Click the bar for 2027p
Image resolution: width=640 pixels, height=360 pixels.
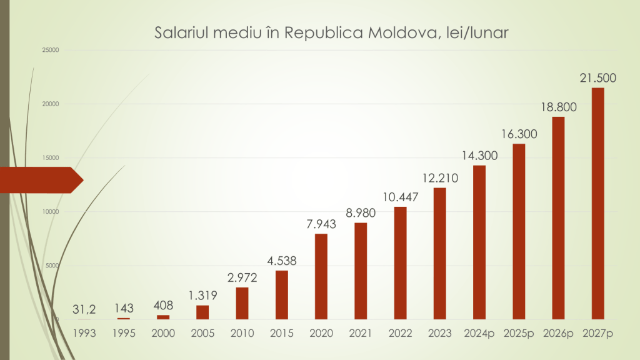coord(597,203)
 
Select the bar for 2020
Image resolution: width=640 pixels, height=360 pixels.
coord(321,276)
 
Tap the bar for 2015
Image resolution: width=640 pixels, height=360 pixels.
coord(282,294)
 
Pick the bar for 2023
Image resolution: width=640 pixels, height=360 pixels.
coord(439,253)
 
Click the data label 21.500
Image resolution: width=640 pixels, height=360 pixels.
coord(597,78)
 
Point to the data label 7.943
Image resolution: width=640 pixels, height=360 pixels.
coord(321,224)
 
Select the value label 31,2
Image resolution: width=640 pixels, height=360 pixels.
coord(84,309)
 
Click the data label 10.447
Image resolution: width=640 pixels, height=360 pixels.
coord(400,197)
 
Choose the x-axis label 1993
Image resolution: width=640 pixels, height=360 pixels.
coord(84,333)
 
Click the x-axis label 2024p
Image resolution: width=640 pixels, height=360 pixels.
coord(479,333)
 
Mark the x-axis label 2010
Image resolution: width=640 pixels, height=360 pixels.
coord(242,333)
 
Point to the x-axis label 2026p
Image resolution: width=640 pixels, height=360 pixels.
coord(558,333)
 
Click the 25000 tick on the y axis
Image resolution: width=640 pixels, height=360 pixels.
coord(50,50)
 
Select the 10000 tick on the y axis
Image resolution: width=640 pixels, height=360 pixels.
coord(50,212)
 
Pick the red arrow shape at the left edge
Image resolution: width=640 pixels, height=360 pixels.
coord(41,180)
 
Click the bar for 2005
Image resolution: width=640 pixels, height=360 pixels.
coord(203,312)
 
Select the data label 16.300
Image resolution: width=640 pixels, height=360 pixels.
coord(519,134)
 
